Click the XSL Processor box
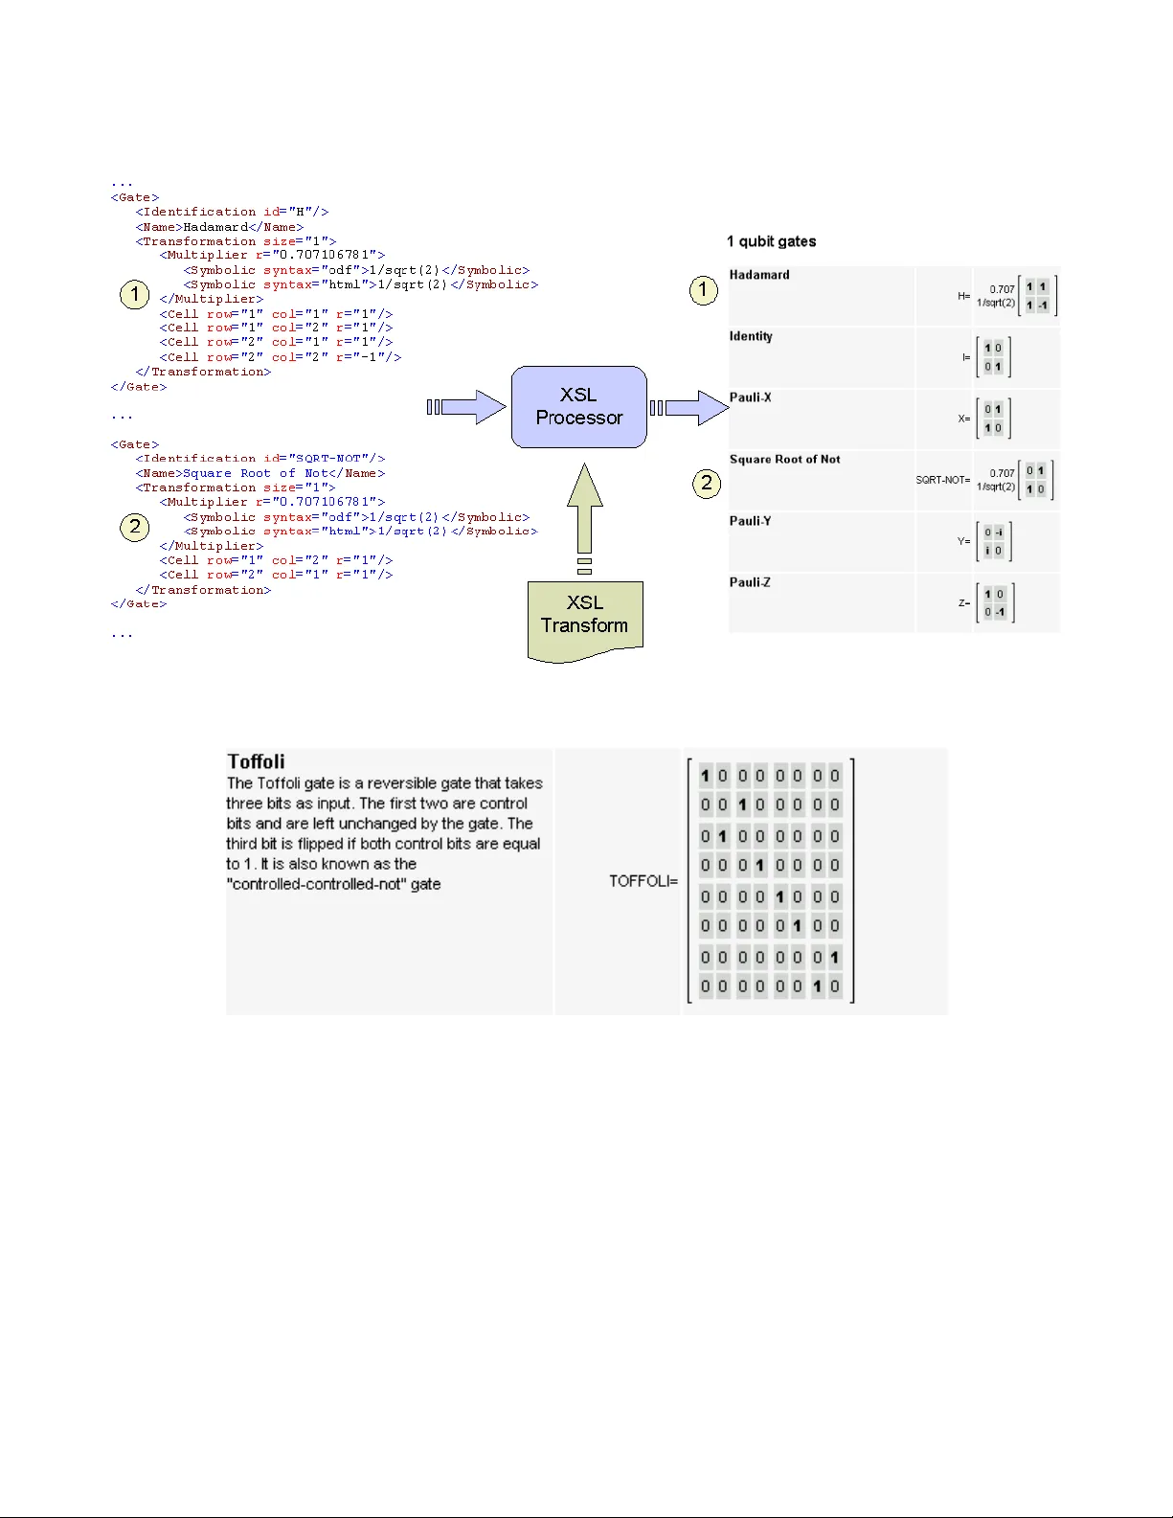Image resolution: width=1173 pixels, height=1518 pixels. pyautogui.click(x=578, y=406)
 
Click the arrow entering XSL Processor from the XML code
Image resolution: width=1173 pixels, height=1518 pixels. pyautogui.click(x=468, y=407)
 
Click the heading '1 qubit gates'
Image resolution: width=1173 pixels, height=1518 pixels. pyautogui.click(x=771, y=241)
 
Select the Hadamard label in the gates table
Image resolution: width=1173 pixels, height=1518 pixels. pyautogui.click(x=759, y=275)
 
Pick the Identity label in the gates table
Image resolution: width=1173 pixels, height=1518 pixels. pyautogui.click(x=751, y=336)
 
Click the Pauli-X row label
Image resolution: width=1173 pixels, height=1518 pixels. pyautogui.click(x=750, y=397)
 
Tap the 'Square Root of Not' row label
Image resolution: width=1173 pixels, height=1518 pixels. pyautogui.click(x=784, y=460)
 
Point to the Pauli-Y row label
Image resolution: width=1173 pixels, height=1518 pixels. pyautogui.click(x=750, y=521)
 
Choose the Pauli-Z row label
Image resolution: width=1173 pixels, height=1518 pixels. pyautogui.click(x=750, y=582)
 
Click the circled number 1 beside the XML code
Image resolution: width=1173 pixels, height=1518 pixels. pyautogui.click(x=135, y=294)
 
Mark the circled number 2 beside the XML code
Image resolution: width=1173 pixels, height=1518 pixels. pyautogui.click(x=135, y=527)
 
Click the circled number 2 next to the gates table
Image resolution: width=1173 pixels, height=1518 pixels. pyautogui.click(x=707, y=483)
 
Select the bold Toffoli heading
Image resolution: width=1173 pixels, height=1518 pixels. pyautogui.click(x=256, y=761)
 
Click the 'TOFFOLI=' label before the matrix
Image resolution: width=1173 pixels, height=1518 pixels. pyautogui.click(x=643, y=881)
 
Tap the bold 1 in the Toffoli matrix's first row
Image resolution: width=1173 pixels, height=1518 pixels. pyautogui.click(x=705, y=776)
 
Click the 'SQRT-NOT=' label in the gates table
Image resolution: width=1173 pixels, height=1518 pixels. pyautogui.click(x=942, y=480)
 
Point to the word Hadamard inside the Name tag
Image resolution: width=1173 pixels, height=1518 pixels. pyautogui.click(x=215, y=227)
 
